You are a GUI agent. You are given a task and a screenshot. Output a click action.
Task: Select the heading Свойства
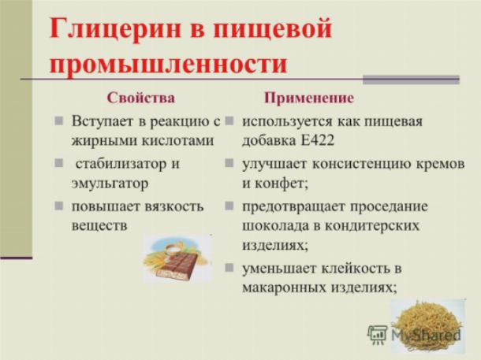(x=141, y=98)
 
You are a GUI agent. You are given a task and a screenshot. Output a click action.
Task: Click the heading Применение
(x=309, y=98)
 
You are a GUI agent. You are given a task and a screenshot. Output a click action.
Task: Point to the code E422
(x=318, y=141)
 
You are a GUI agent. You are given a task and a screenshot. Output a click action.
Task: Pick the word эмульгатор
(x=110, y=184)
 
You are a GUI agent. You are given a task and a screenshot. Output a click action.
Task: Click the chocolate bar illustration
(x=177, y=258)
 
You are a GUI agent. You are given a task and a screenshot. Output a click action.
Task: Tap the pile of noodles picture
(x=428, y=325)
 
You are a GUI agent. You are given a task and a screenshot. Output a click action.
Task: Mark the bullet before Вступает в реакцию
(x=58, y=121)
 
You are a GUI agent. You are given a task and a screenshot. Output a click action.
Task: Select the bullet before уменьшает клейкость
(x=229, y=268)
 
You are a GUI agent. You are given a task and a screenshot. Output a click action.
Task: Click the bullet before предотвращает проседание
(x=229, y=206)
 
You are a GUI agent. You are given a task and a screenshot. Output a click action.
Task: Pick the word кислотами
(x=178, y=141)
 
